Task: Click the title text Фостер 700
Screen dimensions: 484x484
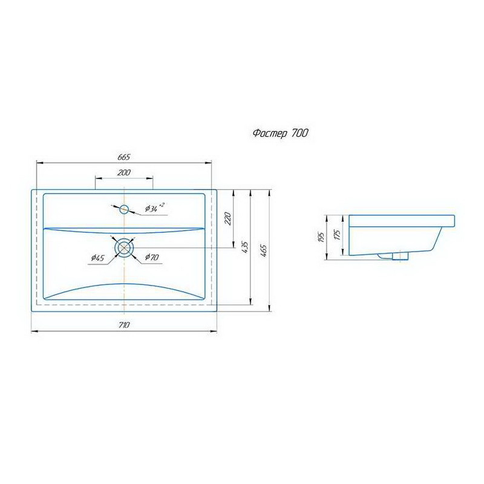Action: [x=280, y=134]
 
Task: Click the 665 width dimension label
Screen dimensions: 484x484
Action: [x=123, y=157]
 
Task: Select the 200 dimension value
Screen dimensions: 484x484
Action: [x=124, y=172]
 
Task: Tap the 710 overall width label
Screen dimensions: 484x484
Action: [x=123, y=325]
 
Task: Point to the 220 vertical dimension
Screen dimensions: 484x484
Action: [x=227, y=218]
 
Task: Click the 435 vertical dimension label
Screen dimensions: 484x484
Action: [x=245, y=247]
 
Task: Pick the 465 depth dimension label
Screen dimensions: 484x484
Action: [x=264, y=251]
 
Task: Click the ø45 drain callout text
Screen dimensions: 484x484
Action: [x=97, y=258]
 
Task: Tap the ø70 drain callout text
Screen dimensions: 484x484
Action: [x=152, y=257]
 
